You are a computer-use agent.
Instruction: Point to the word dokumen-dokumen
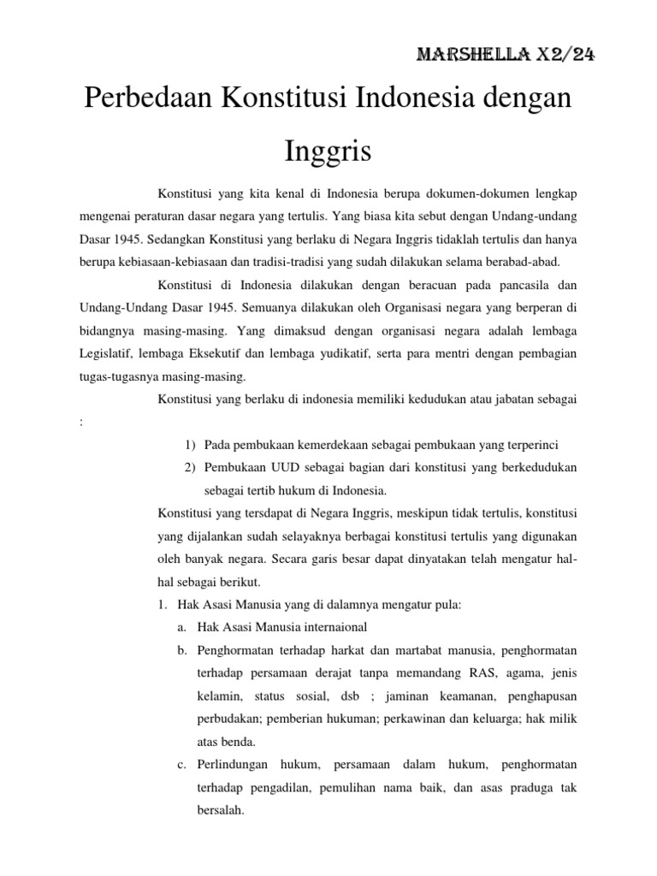pos(472,192)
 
